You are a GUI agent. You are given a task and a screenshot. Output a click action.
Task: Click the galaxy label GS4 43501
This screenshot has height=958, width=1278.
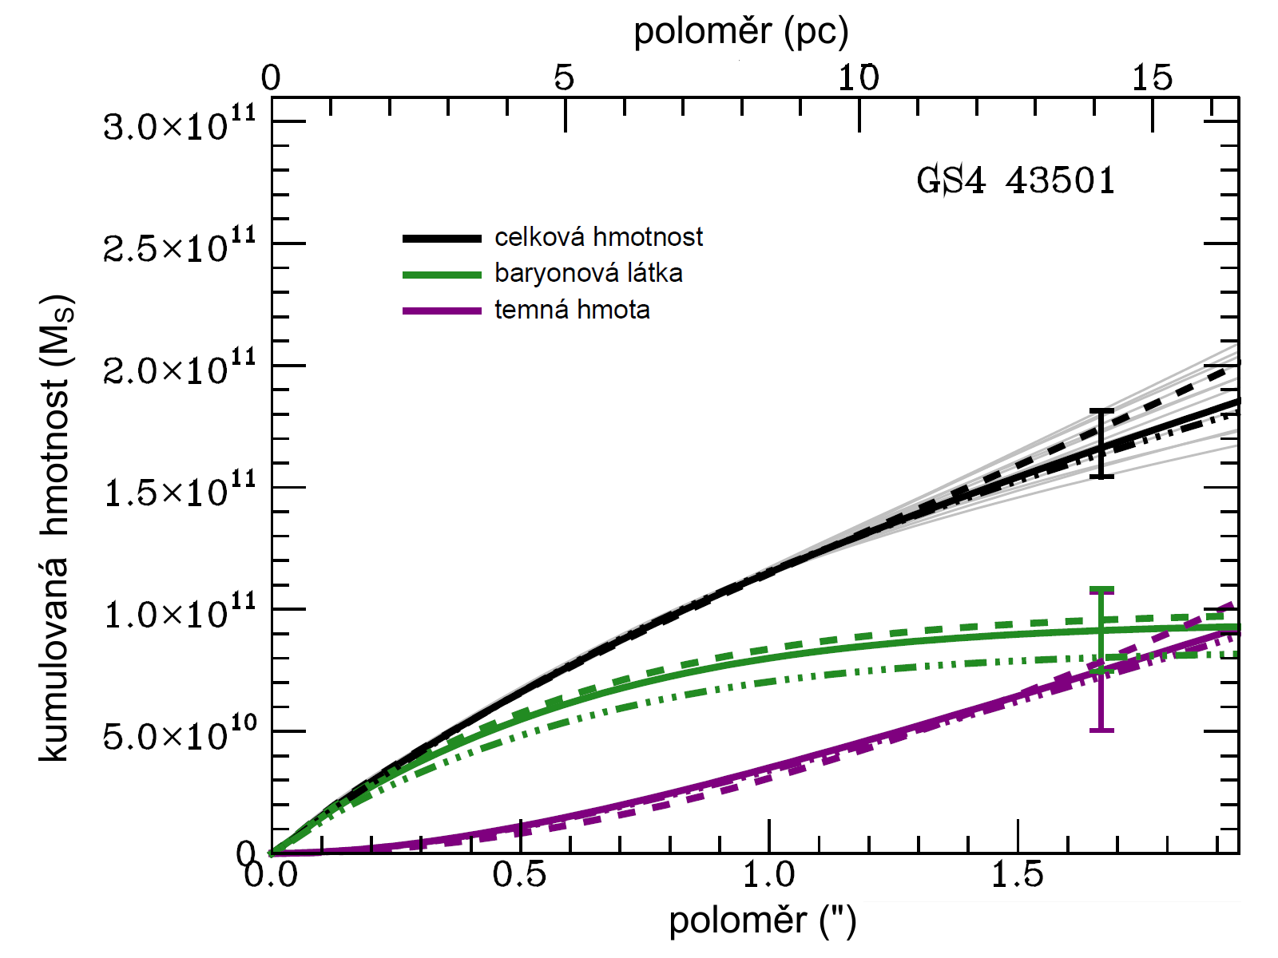click(x=1015, y=181)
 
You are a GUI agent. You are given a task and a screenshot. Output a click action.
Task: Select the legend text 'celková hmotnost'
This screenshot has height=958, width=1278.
click(x=598, y=237)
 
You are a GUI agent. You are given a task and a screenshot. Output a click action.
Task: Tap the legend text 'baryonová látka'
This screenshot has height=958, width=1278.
click(x=588, y=273)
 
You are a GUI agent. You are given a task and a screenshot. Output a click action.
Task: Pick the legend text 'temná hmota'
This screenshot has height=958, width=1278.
click(x=572, y=309)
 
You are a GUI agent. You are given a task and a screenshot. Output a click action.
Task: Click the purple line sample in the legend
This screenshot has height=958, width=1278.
click(x=442, y=311)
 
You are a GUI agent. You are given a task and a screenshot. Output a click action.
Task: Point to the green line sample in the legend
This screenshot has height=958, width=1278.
click(x=442, y=275)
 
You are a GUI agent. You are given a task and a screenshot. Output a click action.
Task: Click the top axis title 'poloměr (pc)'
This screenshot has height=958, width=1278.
click(x=740, y=32)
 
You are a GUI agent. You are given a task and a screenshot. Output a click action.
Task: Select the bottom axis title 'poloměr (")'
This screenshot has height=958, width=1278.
click(x=762, y=920)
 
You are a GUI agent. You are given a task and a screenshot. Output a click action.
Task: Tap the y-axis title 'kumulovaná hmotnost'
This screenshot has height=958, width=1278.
click(x=56, y=527)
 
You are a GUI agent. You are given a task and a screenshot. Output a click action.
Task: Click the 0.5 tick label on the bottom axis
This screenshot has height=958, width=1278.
click(x=519, y=876)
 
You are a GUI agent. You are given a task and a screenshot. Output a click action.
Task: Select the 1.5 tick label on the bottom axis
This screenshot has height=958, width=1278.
click(x=1018, y=876)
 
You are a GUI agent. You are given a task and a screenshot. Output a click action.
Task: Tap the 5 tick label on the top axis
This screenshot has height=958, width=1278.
click(x=564, y=78)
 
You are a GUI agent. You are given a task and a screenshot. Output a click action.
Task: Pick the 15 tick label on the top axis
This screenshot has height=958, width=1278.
click(x=1152, y=78)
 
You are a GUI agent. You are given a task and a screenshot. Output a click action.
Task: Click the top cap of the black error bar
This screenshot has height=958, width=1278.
click(x=1101, y=410)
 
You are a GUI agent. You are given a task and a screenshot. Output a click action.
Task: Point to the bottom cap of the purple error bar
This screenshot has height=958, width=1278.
click(x=1101, y=730)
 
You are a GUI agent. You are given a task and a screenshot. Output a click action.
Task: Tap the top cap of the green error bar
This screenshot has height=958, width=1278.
click(x=1101, y=590)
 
